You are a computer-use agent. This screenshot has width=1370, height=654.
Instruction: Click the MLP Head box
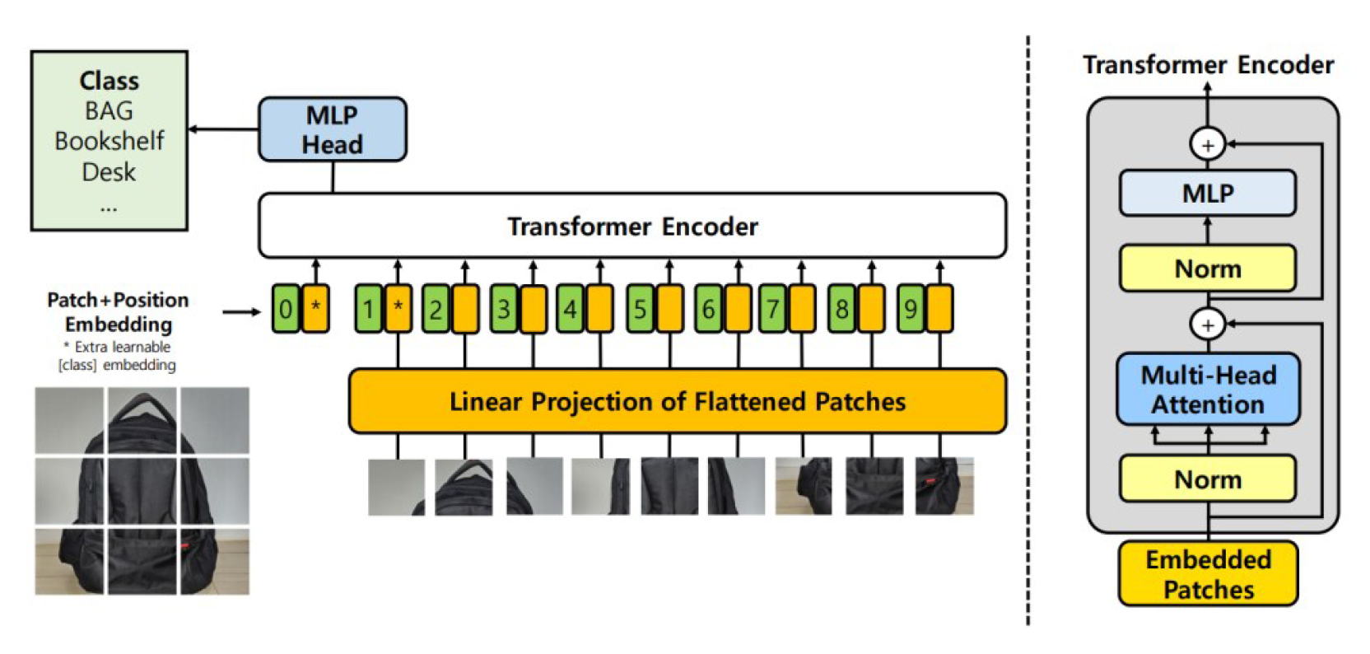pos(332,129)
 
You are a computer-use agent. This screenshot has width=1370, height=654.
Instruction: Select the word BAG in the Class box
pos(109,110)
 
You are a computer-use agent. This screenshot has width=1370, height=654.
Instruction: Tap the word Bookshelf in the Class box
pos(109,141)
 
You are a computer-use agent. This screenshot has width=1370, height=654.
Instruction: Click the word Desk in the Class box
pos(109,172)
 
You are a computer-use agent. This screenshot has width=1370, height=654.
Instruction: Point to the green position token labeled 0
pos(285,310)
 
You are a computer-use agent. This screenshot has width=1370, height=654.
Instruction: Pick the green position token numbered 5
pos(640,310)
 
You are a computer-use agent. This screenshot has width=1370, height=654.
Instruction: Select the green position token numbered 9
pos(910,310)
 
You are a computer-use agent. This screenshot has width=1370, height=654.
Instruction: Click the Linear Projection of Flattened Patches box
pos(677,401)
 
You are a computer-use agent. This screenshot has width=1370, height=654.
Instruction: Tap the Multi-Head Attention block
pos(1208,390)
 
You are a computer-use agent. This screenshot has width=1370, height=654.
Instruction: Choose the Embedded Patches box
pos(1208,574)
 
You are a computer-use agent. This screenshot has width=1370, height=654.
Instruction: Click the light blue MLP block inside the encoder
pos(1208,194)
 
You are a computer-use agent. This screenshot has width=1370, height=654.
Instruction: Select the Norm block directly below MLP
pos(1208,269)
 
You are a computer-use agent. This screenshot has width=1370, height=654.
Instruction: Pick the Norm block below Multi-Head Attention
pos(1208,479)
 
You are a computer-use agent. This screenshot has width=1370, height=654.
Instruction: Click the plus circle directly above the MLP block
pos(1208,145)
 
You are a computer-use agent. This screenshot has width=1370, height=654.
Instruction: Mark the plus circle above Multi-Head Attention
pos(1208,325)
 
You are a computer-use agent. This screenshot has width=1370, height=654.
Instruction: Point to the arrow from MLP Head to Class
pos(223,129)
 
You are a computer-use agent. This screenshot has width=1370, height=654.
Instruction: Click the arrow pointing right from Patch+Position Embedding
pos(241,312)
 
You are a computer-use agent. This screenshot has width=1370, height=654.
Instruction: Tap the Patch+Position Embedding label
pos(118,311)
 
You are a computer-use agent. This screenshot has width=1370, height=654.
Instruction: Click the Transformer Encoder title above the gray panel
pos(1208,65)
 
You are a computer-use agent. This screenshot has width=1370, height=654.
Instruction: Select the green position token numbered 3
pos(503,310)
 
